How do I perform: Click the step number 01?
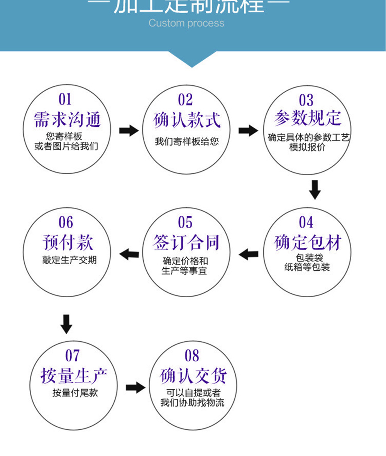(65, 100)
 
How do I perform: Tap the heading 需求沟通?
(67, 119)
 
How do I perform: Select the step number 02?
(185, 100)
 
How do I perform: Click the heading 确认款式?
(187, 119)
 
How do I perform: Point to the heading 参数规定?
(308, 118)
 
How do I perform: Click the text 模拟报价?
(307, 147)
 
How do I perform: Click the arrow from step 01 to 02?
(129, 131)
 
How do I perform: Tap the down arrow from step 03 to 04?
(315, 189)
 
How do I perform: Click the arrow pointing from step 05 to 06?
(129, 254)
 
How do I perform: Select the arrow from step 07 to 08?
(135, 387)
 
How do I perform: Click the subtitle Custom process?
(186, 23)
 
